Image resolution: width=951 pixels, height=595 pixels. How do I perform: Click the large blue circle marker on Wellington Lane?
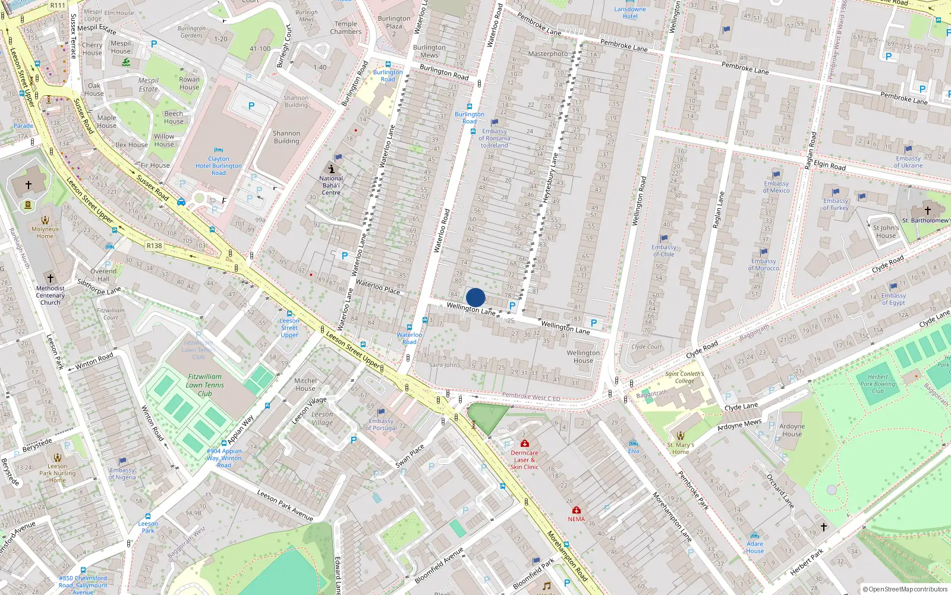tap(475, 297)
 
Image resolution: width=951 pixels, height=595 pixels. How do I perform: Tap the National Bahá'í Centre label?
tap(331, 185)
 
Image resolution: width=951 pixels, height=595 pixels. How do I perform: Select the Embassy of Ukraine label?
tap(908, 162)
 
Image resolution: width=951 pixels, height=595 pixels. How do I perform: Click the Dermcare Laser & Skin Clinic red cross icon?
tap(525, 443)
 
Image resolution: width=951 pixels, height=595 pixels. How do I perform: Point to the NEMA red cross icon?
tap(576, 510)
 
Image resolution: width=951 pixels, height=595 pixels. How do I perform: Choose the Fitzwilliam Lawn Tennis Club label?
tap(205, 384)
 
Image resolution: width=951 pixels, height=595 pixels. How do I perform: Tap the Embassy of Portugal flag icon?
tap(381, 412)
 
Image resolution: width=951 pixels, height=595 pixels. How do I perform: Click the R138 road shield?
tap(154, 246)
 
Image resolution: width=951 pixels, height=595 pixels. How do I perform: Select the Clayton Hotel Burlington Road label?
tap(219, 166)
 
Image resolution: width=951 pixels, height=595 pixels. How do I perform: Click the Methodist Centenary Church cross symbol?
tap(51, 278)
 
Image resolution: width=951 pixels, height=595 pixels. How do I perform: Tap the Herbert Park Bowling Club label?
tap(878, 384)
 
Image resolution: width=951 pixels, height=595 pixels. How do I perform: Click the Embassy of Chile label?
tap(663, 250)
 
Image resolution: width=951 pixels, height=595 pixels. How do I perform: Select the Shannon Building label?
tap(286, 137)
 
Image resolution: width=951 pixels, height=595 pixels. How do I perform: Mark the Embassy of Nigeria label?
tap(122, 474)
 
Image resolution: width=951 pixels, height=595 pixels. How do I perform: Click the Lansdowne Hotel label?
tap(630, 12)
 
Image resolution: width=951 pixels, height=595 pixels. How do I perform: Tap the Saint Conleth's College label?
tap(684, 377)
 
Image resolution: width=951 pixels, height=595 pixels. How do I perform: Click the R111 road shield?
tap(58, 5)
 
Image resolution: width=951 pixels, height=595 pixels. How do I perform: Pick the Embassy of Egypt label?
tap(893, 299)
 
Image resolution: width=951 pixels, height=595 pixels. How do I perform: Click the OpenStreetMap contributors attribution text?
tap(905, 589)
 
